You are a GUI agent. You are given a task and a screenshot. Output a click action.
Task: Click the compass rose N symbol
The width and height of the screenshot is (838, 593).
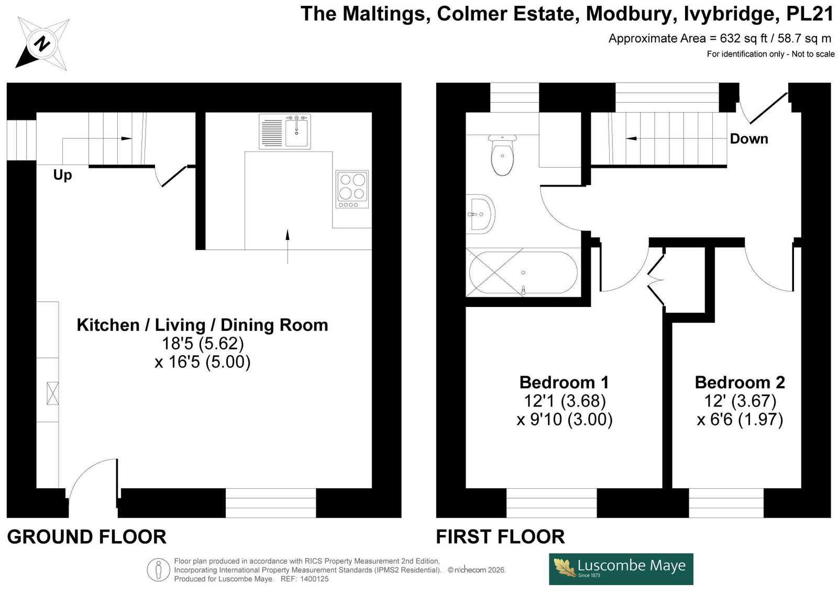41,43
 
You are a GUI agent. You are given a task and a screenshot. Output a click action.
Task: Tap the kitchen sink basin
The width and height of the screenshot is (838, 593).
297,131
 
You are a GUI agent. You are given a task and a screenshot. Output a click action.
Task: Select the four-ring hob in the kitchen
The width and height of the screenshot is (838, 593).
352,189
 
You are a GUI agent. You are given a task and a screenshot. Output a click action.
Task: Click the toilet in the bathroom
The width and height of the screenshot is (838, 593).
502,155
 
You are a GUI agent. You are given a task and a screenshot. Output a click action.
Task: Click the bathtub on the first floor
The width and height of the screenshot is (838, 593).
523,272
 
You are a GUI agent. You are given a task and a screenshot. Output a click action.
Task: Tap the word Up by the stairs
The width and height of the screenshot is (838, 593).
62,175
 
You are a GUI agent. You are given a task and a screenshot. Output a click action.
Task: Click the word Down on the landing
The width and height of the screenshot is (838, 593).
749,139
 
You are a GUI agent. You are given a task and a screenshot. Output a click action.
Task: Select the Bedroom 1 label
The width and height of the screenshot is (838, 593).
564,382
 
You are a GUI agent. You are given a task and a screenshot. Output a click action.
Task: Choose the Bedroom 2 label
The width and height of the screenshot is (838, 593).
740,382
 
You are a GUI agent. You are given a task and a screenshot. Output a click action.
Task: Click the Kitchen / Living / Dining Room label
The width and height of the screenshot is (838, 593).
202,325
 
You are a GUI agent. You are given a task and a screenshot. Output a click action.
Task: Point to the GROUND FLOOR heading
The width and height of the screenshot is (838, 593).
86,537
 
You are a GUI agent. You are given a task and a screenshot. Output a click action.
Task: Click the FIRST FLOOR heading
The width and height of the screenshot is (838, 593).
500,537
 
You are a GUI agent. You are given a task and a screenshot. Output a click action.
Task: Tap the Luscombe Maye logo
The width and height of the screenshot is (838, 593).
621,569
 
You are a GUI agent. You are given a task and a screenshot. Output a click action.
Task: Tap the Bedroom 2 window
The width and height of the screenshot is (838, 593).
726,503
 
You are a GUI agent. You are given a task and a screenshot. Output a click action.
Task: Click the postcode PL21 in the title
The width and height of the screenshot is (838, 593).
810,14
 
